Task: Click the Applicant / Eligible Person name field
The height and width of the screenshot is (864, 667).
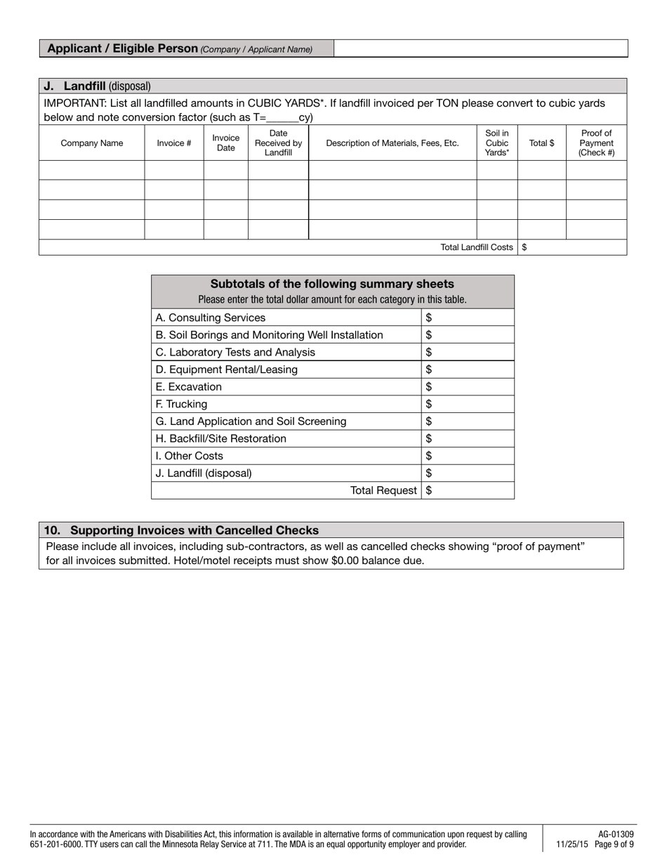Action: point(480,48)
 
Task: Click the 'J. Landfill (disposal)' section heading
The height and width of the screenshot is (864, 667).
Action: point(97,86)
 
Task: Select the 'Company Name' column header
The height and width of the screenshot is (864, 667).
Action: point(91,143)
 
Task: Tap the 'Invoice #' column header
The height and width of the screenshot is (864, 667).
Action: point(174,143)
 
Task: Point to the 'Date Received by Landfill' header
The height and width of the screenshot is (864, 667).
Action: point(278,143)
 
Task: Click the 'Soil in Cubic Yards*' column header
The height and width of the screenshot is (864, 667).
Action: point(497,143)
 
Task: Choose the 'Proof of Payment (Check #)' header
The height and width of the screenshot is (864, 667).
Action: point(596,143)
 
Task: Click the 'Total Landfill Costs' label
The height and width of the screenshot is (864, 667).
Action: point(477,247)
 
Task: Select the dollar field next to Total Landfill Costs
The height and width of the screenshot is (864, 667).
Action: point(572,247)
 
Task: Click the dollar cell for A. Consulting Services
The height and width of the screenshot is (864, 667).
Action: point(468,318)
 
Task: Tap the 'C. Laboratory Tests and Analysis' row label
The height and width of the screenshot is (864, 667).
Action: point(235,352)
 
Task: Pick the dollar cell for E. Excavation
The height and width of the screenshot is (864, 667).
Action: point(468,387)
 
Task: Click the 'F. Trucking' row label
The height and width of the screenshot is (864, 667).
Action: point(181,404)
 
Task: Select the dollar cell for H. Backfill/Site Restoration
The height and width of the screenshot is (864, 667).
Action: point(468,438)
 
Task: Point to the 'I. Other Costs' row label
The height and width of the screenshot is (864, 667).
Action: point(189,456)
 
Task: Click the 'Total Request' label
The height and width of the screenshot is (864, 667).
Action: point(383,490)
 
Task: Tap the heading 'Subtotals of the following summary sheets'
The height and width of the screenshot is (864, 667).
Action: point(332,284)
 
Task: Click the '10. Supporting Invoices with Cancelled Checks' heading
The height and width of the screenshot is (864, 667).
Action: point(181,530)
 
